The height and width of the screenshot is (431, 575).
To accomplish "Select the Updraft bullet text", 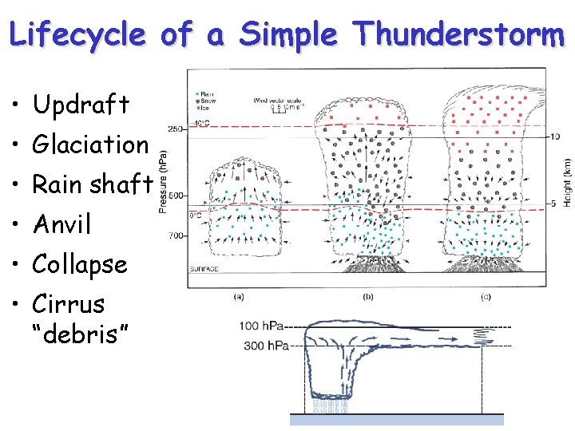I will point(81,104).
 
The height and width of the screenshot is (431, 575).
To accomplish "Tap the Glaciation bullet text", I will point(90,144).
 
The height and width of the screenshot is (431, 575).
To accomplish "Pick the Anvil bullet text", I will point(61,224).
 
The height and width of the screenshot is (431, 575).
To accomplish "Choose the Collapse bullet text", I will point(79,264).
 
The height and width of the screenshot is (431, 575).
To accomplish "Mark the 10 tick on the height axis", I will point(555,136).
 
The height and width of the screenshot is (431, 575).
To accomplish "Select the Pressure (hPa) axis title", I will point(163,183).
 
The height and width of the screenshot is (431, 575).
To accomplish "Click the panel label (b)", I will point(368,298).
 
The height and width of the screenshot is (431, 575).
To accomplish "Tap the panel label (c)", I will point(486,298).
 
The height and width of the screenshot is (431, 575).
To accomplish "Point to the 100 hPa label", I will point(263,326).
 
